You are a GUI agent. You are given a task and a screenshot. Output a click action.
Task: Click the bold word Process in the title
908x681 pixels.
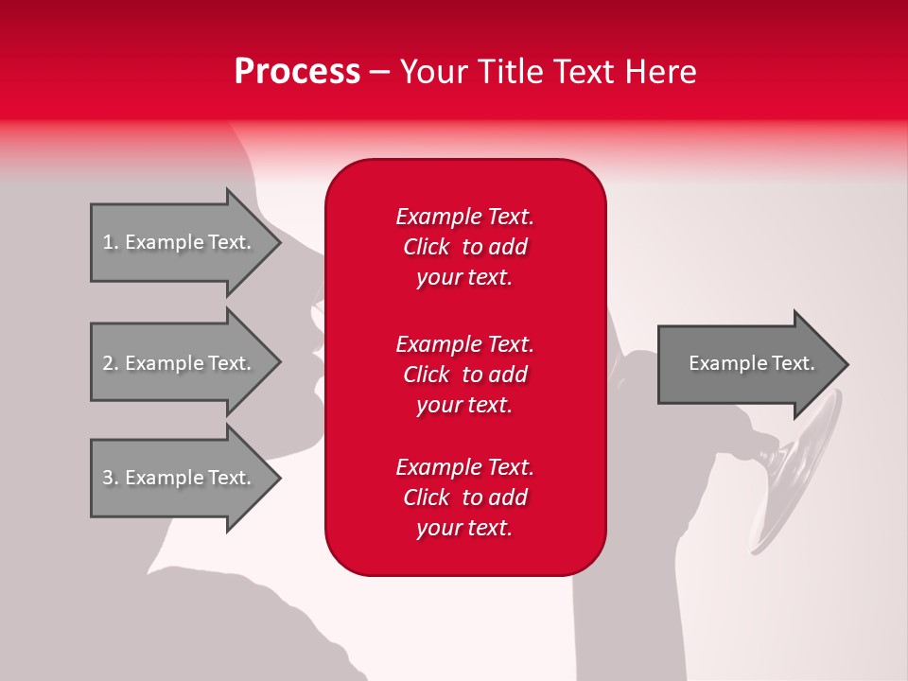297,72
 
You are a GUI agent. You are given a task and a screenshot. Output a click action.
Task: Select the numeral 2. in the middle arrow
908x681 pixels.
111,363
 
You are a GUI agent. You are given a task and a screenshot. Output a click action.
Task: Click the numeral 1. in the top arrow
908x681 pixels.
111,242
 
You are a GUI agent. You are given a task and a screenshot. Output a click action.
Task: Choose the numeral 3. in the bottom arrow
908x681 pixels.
111,478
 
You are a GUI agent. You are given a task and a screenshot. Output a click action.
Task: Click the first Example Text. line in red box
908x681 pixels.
464,217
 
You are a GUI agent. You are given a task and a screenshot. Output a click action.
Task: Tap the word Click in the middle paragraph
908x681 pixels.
426,375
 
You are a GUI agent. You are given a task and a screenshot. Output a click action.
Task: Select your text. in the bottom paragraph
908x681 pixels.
464,528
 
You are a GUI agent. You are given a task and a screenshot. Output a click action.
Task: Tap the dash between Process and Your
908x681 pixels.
379,73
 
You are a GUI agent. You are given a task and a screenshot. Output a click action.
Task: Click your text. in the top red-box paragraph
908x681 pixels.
464,277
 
